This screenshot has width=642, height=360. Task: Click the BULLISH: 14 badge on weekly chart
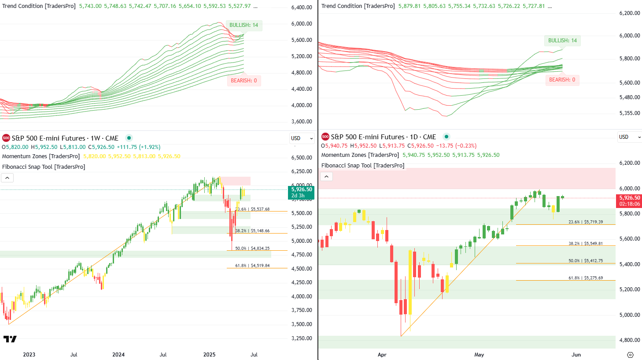click(244, 26)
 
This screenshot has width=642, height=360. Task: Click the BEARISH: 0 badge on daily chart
click(562, 80)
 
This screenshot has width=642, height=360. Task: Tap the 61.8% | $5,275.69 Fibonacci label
click(585, 278)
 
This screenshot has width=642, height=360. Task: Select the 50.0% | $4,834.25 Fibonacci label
click(252, 249)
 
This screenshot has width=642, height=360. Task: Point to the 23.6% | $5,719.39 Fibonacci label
click(585, 222)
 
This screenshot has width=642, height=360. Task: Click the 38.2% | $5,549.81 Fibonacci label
click(585, 244)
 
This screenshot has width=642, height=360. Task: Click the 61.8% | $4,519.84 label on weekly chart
click(252, 266)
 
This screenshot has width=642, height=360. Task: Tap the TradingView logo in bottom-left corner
click(10, 339)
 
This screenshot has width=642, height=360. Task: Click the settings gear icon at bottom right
click(630, 355)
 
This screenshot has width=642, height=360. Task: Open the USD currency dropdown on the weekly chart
click(302, 138)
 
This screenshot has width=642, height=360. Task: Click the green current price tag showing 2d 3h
click(301, 193)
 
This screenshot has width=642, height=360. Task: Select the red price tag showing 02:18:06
click(629, 201)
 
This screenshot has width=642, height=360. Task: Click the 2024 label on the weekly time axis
click(118, 355)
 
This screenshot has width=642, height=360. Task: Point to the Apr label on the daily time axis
click(382, 355)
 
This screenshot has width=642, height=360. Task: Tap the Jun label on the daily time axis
click(576, 355)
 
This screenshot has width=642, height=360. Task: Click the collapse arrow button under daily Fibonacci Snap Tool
click(326, 177)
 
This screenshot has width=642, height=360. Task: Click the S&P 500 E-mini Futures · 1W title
click(65, 138)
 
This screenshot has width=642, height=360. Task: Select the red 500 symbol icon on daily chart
click(325, 137)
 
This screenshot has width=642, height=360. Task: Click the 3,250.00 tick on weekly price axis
click(302, 338)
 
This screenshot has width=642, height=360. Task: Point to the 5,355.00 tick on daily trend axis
click(629, 113)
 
